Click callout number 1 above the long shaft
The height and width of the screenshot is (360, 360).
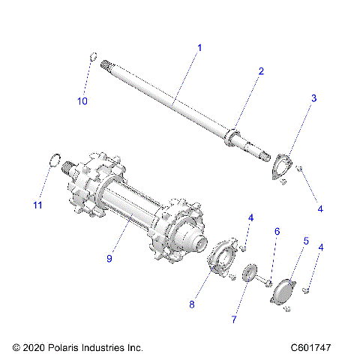point(199,47)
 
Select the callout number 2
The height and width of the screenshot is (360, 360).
point(260,71)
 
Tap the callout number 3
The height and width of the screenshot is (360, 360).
point(313,98)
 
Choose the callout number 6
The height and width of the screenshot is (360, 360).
point(276,232)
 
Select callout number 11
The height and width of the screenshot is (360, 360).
point(37,205)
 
